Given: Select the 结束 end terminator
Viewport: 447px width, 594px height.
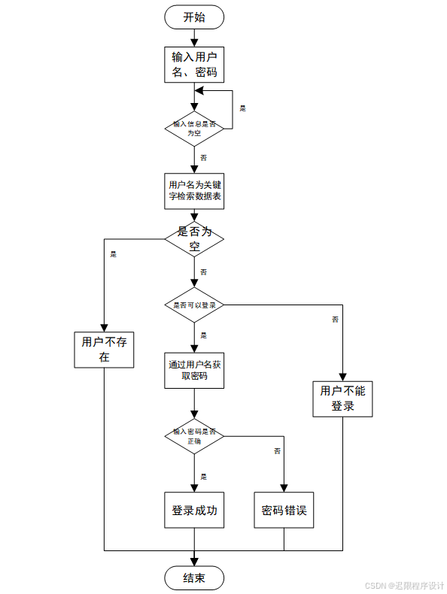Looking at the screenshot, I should click(x=194, y=577).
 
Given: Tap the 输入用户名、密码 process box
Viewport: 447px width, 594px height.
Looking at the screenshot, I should click(x=194, y=65).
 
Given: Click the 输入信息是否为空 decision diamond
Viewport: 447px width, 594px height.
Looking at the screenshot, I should click(x=194, y=128).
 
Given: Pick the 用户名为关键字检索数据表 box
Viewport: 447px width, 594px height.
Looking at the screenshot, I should click(x=194, y=190).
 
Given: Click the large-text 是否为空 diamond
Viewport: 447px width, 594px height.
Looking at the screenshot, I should click(x=194, y=239).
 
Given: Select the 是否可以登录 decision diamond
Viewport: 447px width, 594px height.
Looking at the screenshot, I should click(x=194, y=305).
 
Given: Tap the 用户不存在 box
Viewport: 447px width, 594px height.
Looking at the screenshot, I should click(x=104, y=350).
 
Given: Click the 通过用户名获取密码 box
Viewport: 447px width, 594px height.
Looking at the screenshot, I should click(x=194, y=370).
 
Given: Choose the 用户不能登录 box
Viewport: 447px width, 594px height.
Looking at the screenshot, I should click(x=342, y=399).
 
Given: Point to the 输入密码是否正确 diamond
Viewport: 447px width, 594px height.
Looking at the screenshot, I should click(x=194, y=436).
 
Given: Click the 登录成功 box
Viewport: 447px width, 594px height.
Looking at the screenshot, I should click(x=194, y=511).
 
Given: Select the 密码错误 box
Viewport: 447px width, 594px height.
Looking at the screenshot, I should click(x=284, y=511).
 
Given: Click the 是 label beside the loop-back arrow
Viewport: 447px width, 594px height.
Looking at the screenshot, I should click(x=242, y=108).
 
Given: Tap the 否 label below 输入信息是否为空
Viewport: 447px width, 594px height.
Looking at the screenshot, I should click(x=203, y=158).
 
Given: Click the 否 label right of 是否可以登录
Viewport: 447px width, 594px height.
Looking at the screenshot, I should click(x=335, y=320).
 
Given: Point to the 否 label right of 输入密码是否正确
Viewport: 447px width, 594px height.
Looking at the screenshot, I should click(x=277, y=450).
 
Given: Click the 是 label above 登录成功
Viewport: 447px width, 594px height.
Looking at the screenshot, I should click(x=203, y=476).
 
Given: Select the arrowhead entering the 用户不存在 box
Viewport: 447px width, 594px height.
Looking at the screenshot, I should click(x=104, y=326).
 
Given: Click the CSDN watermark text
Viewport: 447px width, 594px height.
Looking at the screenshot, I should click(x=405, y=585).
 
